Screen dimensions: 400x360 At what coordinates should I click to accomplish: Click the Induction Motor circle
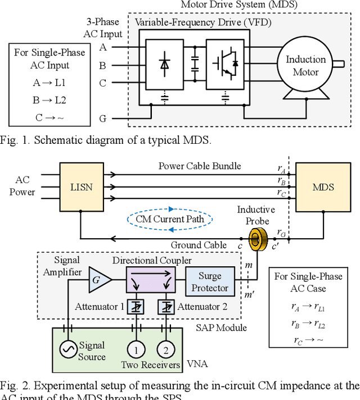tap(305, 66)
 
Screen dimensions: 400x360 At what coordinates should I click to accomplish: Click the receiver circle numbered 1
tap(135, 349)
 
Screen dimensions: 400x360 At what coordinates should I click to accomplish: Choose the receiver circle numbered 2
tap(165, 349)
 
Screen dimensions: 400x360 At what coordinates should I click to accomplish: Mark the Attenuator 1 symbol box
tap(135, 306)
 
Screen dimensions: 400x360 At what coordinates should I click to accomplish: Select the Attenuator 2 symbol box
tap(165, 306)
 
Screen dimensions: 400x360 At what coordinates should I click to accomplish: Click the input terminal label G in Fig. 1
tap(103, 119)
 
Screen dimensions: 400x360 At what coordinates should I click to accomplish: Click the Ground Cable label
tap(200, 244)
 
